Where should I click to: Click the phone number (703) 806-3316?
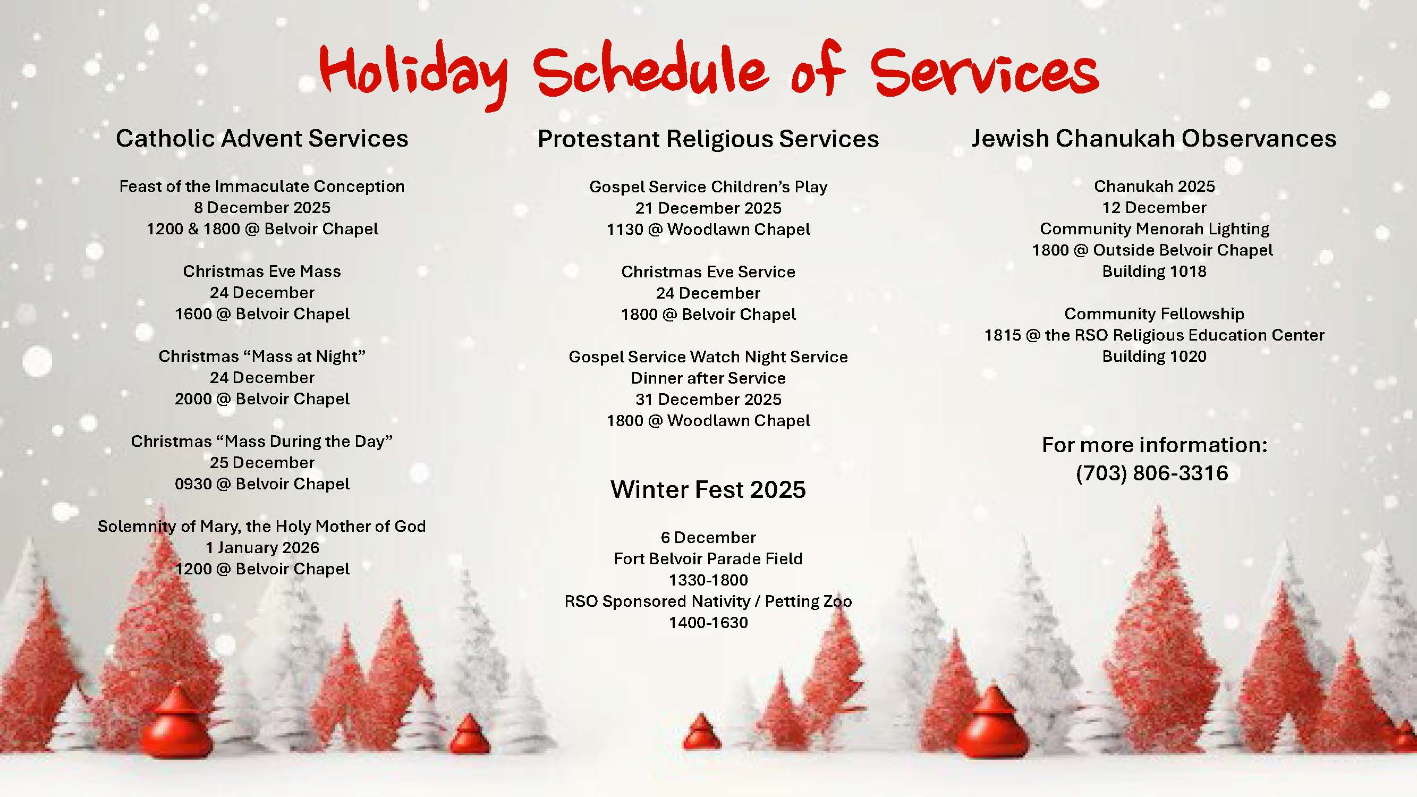(x=1152, y=473)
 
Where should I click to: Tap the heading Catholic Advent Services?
(x=262, y=138)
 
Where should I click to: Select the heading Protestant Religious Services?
(x=708, y=139)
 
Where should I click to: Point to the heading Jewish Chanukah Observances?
(x=1153, y=138)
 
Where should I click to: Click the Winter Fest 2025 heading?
(x=708, y=489)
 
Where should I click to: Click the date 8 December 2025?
(x=262, y=207)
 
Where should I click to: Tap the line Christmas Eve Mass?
(x=262, y=271)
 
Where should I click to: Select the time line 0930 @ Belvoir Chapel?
(x=262, y=484)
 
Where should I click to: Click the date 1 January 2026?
(x=262, y=547)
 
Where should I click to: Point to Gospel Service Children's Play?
(x=708, y=186)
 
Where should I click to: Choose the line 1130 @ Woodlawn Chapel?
(x=708, y=229)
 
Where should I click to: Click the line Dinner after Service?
(x=708, y=378)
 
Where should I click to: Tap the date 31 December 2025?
(x=708, y=399)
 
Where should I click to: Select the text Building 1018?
(x=1154, y=271)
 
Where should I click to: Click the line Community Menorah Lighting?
(x=1154, y=228)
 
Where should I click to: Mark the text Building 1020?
(x=1154, y=356)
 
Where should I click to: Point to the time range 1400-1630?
(x=708, y=622)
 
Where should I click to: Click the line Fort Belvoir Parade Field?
(x=708, y=558)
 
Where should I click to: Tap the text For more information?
(x=1154, y=444)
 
